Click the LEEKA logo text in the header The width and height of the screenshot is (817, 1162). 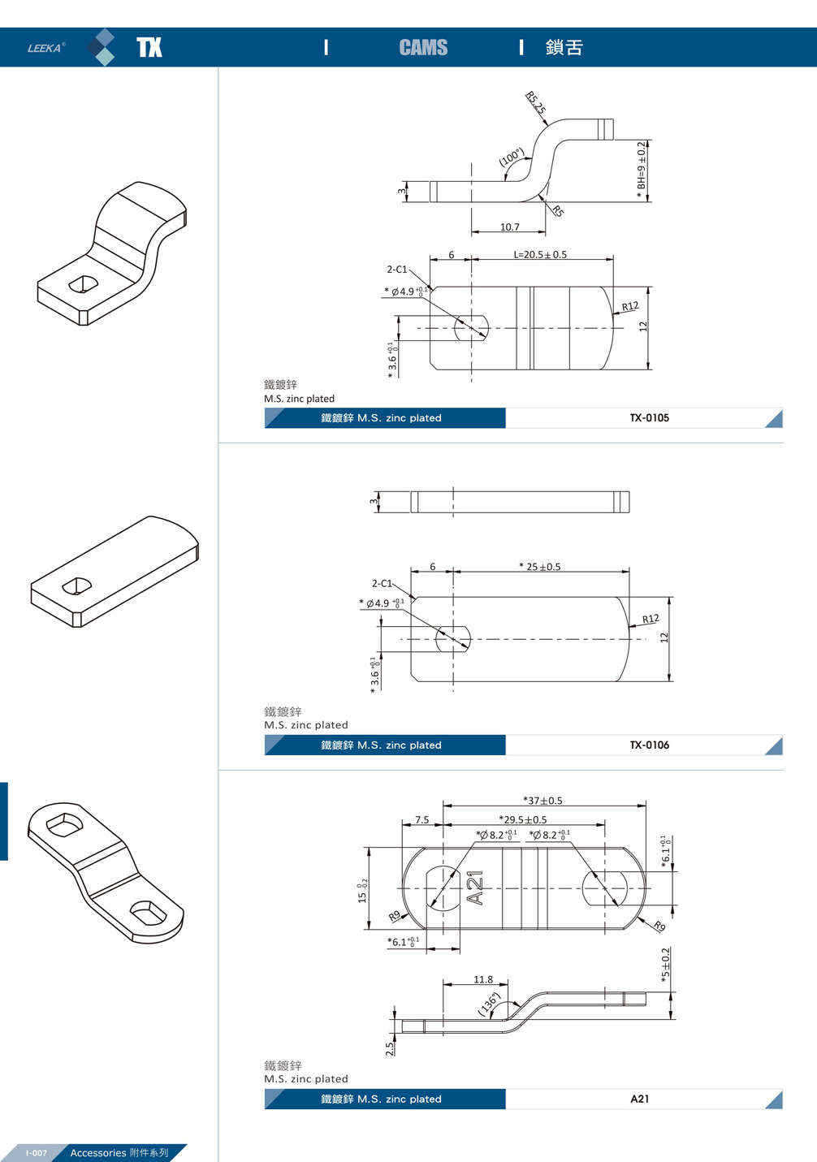pos(45,48)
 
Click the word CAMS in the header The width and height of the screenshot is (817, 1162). pos(423,48)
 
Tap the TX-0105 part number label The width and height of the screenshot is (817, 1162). pos(649,418)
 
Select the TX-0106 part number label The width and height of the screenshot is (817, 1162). pos(649,745)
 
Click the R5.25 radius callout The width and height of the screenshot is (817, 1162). pos(535,103)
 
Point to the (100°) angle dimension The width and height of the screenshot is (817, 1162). pos(511,157)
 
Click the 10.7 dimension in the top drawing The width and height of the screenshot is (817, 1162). pos(509,227)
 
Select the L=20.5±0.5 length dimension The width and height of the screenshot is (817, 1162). pos(540,254)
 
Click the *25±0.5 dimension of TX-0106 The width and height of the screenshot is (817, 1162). pos(540,567)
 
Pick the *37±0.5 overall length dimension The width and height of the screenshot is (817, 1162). pos(543,801)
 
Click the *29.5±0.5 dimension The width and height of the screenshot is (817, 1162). pos(523,820)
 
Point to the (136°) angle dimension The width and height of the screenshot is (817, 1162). pos(488,1004)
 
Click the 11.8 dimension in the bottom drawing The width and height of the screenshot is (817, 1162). pos(483,979)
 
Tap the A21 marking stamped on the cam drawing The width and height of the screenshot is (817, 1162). pos(476,888)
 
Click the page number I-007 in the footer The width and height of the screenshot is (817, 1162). pos(37,1153)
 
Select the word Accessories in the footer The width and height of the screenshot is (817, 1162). pos(97,1153)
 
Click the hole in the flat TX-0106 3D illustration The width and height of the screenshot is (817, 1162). pos(77,585)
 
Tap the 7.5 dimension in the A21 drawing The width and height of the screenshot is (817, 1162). pos(422,820)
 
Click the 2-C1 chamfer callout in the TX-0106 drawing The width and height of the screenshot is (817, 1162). pos(382,583)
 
